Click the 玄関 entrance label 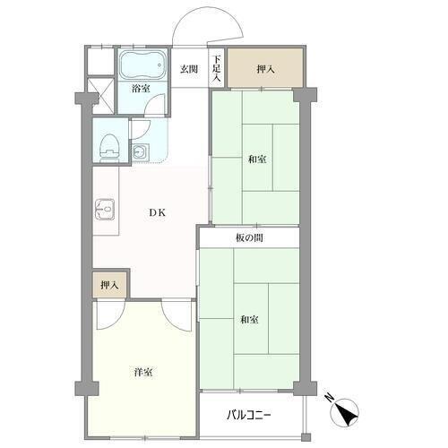point(189,69)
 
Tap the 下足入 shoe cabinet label point(217,69)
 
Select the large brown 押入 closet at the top point(265,68)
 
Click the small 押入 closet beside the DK point(109,285)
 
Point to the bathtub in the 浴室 point(142,66)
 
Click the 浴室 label point(142,89)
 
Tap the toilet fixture point(108,147)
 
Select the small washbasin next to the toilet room point(140,152)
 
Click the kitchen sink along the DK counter point(105,210)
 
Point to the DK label point(158,212)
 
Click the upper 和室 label point(257,159)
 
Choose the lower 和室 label point(250,320)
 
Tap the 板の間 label point(249,238)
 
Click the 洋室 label point(143,372)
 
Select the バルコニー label point(249,415)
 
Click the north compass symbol point(344,412)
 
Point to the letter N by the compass point(330,398)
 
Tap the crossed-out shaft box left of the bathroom point(103,95)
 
